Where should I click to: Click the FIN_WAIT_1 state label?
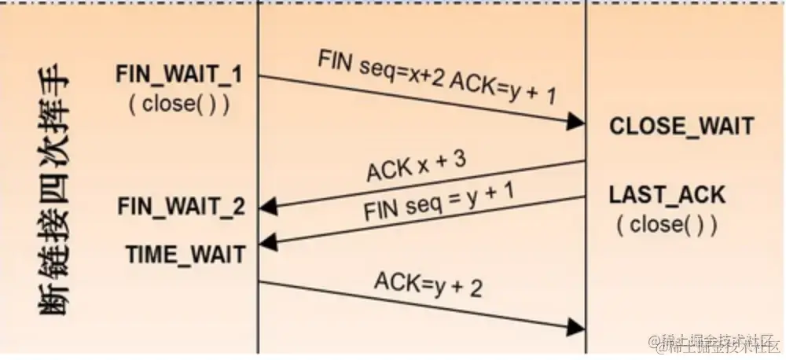pyautogui.click(x=178, y=75)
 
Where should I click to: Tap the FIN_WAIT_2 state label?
pyautogui.click(x=181, y=207)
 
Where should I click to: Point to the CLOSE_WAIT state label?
pyautogui.click(x=681, y=126)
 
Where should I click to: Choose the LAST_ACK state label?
pyautogui.click(x=667, y=195)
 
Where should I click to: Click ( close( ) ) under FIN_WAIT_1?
pyautogui.click(x=179, y=105)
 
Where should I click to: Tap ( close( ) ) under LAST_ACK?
pyautogui.click(x=667, y=225)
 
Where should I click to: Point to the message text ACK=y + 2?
pyautogui.click(x=428, y=285)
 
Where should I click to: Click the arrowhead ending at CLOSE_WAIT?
pyautogui.click(x=577, y=122)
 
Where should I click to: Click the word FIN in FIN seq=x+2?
pyautogui.click(x=333, y=60)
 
